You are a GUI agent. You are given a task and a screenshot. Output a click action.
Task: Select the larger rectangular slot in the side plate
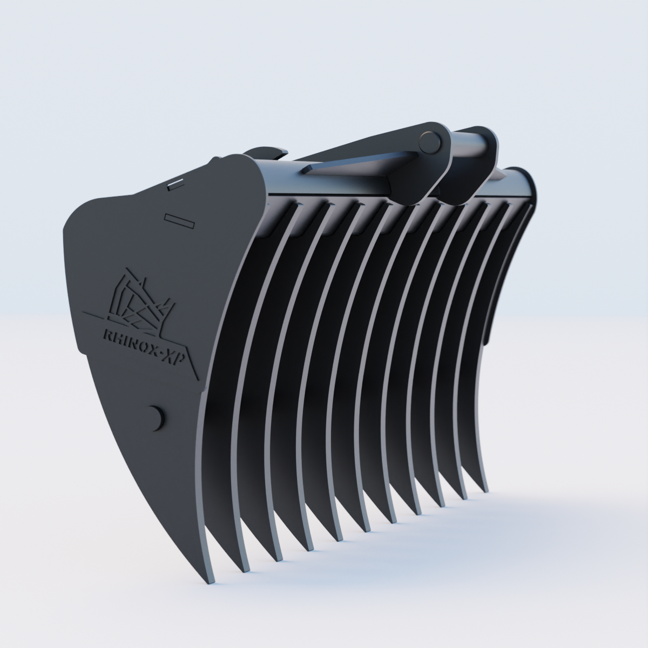point(179,221)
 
